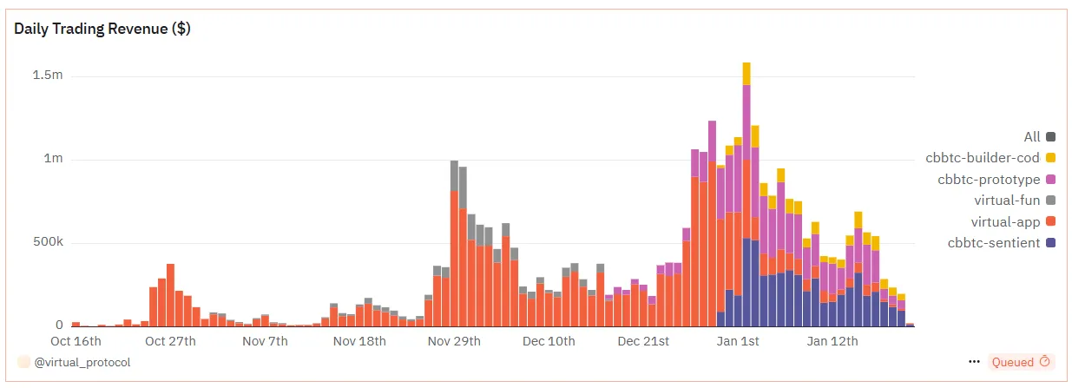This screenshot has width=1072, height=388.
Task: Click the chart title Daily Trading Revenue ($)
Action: (x=102, y=29)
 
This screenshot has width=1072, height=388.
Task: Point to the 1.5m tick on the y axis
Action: (x=48, y=76)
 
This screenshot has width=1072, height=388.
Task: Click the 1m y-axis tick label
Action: (x=54, y=160)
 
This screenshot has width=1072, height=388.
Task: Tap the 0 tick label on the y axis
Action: (x=59, y=325)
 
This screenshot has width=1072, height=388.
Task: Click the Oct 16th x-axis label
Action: (x=76, y=341)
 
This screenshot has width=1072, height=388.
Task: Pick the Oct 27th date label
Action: (x=170, y=341)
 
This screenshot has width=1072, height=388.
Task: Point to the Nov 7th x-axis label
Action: (x=265, y=341)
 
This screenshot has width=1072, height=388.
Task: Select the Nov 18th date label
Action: (x=359, y=341)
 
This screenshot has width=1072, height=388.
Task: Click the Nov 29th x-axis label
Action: (x=454, y=341)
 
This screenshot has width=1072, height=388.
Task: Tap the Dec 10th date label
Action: (x=549, y=341)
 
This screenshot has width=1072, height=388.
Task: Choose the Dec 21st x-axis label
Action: (x=643, y=341)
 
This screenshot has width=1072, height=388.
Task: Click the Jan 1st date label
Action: (x=738, y=341)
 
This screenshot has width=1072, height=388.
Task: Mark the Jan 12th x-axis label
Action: (x=832, y=341)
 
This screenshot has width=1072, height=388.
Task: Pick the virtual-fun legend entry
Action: (x=1007, y=201)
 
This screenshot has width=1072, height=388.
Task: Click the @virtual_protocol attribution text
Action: (x=82, y=362)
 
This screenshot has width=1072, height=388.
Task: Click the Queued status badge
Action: (x=1020, y=362)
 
